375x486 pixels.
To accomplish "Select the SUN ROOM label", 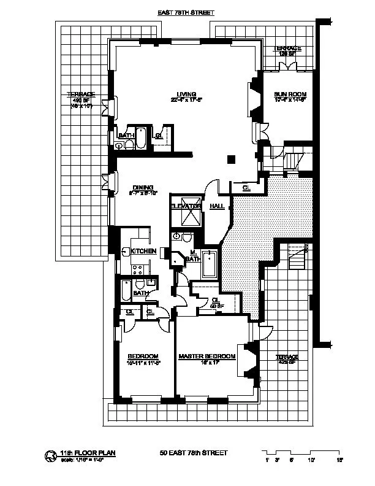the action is coord(290,94).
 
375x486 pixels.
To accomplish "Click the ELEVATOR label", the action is coord(186,206).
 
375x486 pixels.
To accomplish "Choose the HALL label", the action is coord(216,206).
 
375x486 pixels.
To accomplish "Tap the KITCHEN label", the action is coord(144,252).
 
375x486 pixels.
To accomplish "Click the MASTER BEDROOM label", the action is coord(207,357).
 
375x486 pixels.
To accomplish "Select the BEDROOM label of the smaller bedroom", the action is coord(143,357).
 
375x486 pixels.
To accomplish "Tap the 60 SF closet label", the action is coord(216,301).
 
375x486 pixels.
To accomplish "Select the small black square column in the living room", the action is coord(230,160).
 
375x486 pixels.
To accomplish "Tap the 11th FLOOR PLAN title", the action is coord(88,452).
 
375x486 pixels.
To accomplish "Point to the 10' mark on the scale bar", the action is coord(312,459).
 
